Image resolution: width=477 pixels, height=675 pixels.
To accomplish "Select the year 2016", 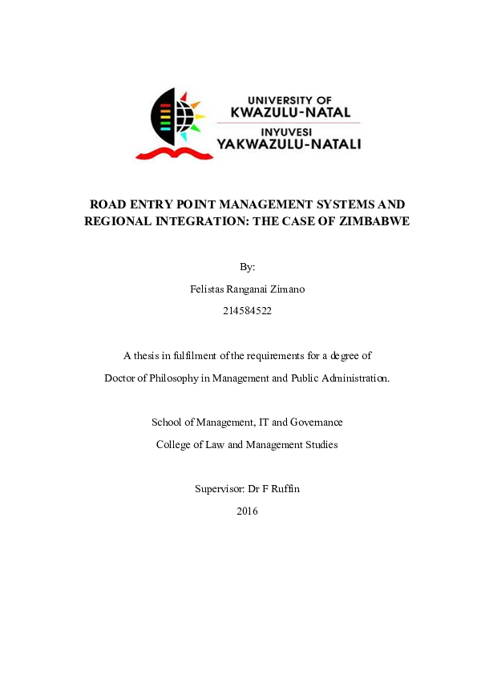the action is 247,511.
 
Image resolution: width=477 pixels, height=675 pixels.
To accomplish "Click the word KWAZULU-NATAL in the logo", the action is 290,113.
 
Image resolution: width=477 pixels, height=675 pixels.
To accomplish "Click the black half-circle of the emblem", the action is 162,116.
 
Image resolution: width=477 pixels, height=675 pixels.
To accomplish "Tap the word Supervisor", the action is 217,488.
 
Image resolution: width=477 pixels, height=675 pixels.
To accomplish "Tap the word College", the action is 174,444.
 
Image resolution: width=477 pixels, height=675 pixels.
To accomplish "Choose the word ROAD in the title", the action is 107,204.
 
